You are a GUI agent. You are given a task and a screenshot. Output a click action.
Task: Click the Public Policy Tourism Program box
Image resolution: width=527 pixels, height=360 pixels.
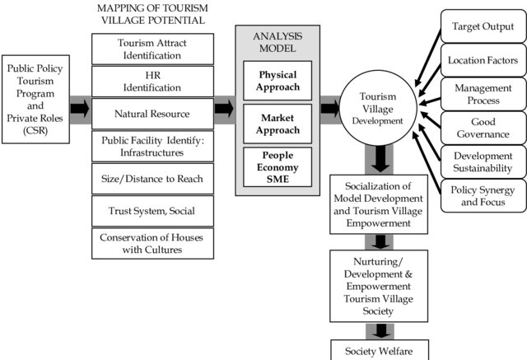35,100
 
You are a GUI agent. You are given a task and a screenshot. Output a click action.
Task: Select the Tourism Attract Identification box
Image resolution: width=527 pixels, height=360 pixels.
152,49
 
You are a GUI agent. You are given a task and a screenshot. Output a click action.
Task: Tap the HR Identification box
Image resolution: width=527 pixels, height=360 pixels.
152,82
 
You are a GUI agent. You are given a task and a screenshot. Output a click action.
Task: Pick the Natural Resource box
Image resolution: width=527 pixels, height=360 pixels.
152,114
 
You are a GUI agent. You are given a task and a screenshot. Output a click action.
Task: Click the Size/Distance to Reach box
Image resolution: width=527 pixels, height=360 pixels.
152,179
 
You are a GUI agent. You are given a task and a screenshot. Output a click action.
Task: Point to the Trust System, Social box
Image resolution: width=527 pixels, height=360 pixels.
152,211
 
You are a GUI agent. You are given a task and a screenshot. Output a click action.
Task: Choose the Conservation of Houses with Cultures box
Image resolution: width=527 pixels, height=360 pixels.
152,243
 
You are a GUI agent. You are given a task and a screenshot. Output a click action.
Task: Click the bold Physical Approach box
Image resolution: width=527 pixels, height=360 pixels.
277,81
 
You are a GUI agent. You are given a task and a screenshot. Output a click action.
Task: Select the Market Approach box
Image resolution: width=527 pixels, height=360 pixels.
277,124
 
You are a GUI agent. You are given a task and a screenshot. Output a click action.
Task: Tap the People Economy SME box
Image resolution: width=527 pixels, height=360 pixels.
277,167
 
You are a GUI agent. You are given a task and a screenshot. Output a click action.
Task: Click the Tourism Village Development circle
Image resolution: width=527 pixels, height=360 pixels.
378,108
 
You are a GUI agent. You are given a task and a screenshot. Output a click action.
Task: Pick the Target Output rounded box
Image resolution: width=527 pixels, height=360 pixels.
483,26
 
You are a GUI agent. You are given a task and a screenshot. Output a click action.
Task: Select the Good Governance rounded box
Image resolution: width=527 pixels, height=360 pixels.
483,128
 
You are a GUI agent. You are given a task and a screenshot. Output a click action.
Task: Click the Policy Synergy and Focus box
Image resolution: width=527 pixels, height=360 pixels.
483,195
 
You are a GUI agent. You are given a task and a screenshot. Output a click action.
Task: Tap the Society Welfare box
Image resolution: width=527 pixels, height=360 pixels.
380,350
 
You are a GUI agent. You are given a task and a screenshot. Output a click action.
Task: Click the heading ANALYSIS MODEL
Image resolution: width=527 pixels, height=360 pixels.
277,42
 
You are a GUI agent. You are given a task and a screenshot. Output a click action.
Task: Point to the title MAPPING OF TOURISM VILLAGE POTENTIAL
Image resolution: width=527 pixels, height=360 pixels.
152,14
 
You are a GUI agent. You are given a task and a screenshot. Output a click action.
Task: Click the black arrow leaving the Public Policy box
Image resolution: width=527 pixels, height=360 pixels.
80,109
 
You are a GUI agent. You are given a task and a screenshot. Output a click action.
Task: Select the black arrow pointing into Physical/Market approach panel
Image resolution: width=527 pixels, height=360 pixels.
224,109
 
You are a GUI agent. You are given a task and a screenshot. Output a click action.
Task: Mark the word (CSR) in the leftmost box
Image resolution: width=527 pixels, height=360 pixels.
35,130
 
